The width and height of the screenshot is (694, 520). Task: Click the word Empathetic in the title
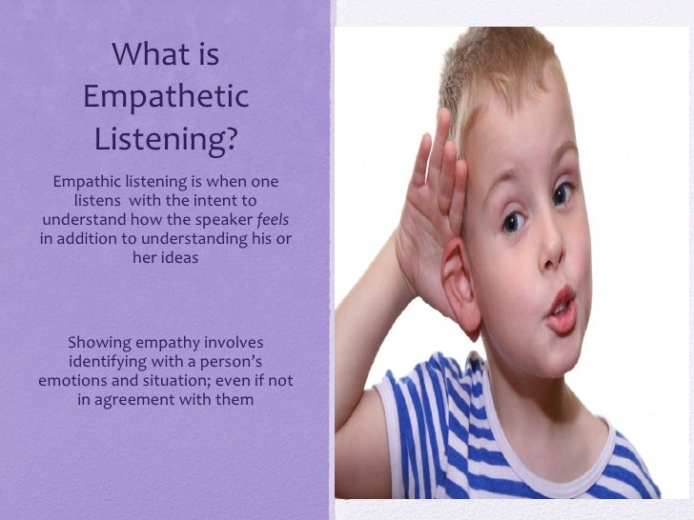pyautogui.click(x=166, y=97)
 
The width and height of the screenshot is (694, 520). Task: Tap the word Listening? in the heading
pyautogui.click(x=166, y=140)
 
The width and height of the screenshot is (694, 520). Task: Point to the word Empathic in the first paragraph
pyautogui.click(x=88, y=181)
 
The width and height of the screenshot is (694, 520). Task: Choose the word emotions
pyautogui.click(x=75, y=380)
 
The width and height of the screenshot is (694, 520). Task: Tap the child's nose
pyautogui.click(x=552, y=248)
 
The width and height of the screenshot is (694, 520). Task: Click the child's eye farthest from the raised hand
pyautogui.click(x=563, y=193)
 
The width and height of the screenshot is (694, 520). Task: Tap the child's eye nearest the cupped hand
pyautogui.click(x=513, y=223)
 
